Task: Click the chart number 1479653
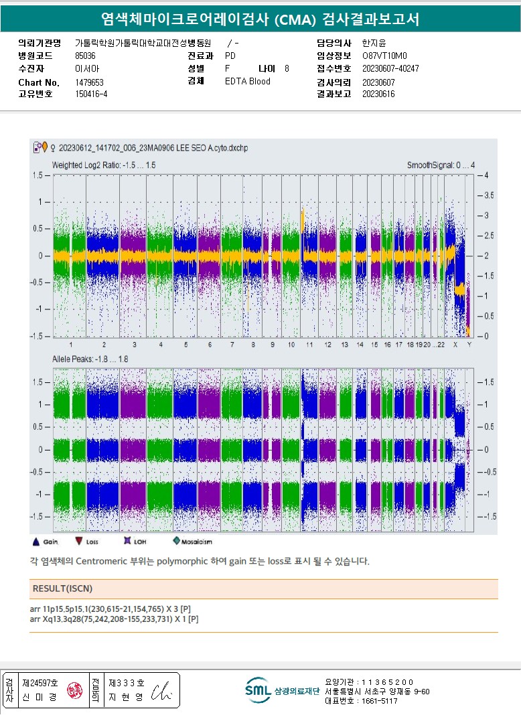89,82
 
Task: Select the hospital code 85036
85,56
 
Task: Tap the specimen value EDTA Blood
248,81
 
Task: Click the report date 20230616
378,94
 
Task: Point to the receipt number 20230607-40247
390,68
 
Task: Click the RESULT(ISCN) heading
62,588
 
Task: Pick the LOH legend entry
135,541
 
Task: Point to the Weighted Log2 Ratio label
104,165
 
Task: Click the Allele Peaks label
90,360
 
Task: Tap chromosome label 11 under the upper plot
309,344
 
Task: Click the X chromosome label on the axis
455,344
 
